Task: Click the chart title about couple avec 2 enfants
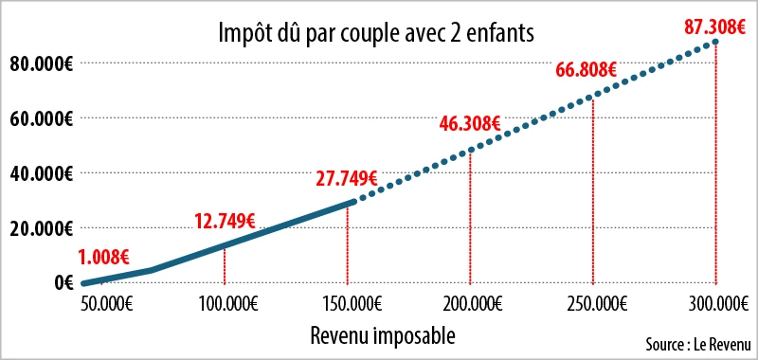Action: pyautogui.click(x=377, y=33)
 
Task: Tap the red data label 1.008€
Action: pyautogui.click(x=104, y=256)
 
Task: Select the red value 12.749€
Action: pyautogui.click(x=225, y=222)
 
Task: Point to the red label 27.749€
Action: pyautogui.click(x=348, y=177)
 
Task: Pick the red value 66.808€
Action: pyautogui.click(x=587, y=70)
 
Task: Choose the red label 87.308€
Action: pyautogui.click(x=716, y=26)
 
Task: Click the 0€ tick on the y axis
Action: pyautogui.click(x=63, y=282)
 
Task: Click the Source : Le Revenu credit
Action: pyautogui.click(x=695, y=343)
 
